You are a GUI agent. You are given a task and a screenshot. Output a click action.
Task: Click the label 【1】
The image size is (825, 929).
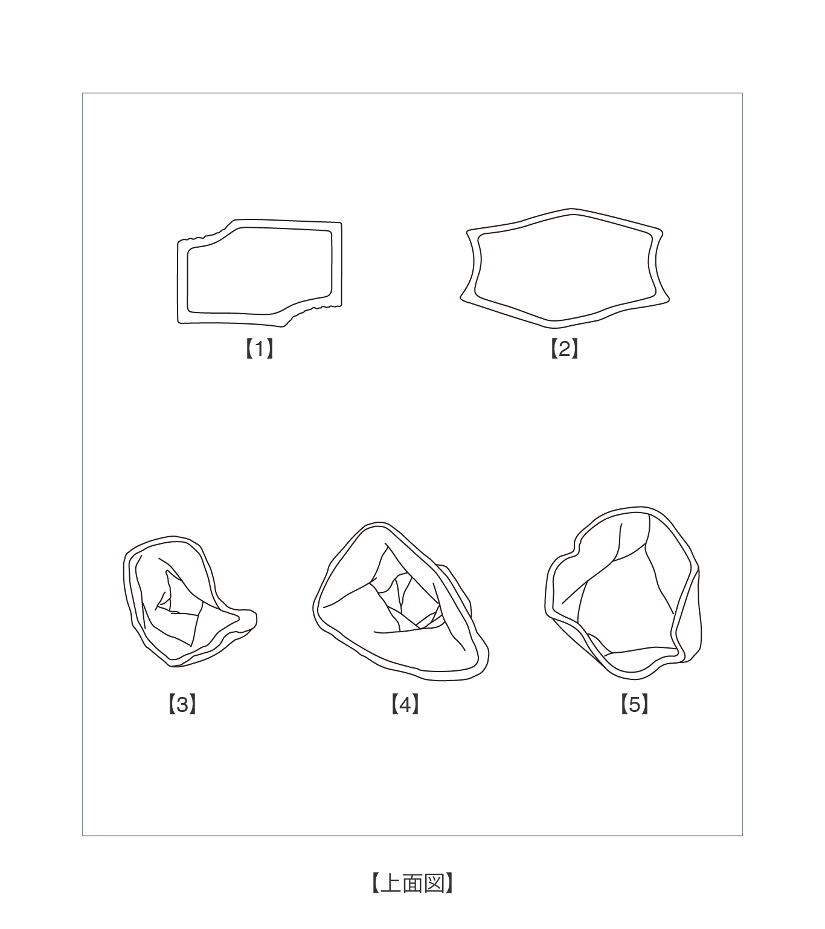260,349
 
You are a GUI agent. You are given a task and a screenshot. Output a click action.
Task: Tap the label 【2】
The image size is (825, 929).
564,349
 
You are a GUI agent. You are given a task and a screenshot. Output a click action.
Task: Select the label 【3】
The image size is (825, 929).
182,704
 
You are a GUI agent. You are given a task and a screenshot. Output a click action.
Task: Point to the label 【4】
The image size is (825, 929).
405,704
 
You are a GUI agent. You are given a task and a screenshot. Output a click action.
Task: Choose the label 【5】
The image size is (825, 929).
634,704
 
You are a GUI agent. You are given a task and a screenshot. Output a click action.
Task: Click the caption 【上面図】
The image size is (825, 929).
412,882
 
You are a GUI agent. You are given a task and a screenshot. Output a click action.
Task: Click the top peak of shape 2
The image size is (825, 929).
571,209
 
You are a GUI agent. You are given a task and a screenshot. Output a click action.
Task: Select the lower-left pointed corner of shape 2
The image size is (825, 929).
461,299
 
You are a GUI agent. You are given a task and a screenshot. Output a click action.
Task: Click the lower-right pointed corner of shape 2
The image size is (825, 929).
669,300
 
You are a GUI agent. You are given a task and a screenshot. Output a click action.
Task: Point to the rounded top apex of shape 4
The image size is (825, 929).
379,522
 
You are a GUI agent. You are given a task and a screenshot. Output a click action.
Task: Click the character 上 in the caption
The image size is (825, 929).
391,882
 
